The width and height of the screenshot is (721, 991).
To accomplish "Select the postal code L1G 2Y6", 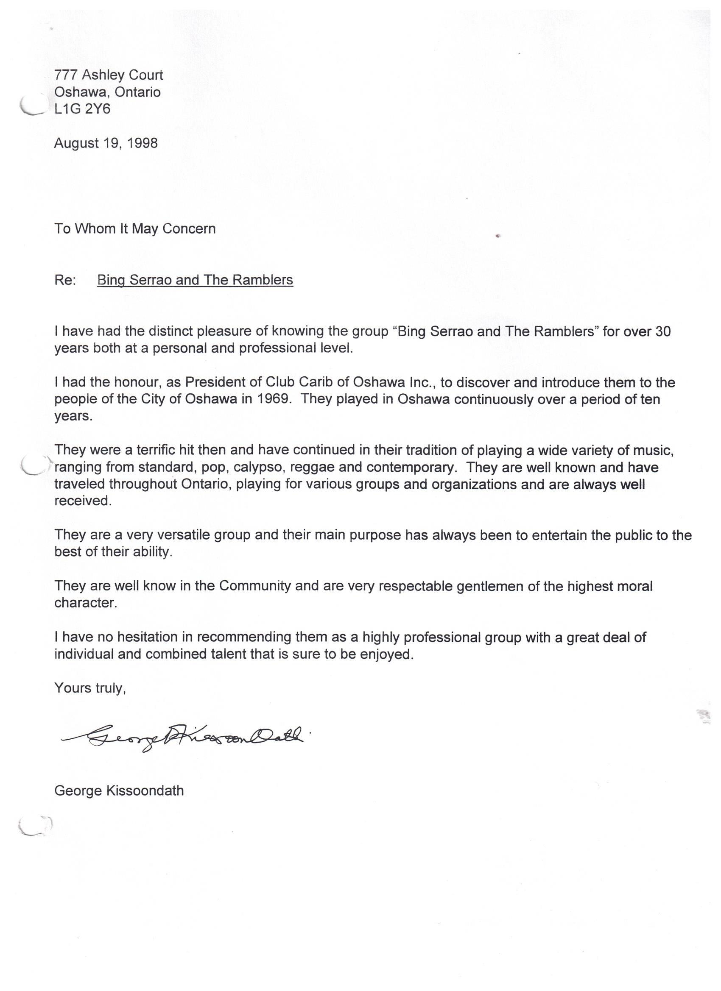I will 82,109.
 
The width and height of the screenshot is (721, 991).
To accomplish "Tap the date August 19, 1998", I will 106,143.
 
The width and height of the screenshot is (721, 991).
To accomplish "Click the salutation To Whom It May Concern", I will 135,228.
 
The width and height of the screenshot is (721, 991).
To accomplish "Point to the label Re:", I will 65,280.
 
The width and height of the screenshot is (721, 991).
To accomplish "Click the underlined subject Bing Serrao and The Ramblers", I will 195,280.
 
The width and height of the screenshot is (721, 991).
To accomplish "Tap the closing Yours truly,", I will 90,688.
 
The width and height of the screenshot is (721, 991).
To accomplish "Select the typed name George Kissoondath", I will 119,791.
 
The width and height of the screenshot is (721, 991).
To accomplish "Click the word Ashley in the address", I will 103,75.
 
